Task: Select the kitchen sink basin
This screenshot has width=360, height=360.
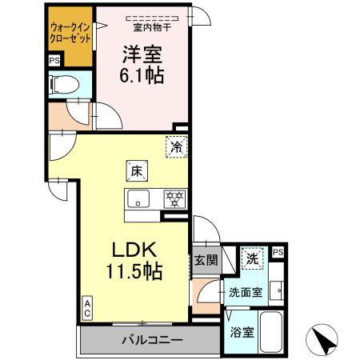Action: click(137, 200)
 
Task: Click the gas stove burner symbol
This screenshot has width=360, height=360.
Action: click(171, 199)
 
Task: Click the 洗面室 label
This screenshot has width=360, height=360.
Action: click(246, 293)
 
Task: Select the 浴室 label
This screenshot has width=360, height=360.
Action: click(242, 330)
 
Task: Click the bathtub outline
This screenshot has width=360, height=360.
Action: click(274, 330)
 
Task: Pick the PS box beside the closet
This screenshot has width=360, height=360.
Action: click(54, 61)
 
